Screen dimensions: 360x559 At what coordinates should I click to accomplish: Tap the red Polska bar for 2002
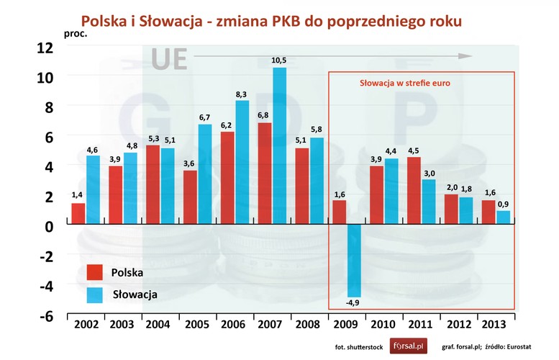[x=78, y=214]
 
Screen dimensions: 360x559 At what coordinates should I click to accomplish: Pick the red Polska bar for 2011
[x=414, y=191]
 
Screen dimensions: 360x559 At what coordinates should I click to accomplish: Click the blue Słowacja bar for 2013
[x=503, y=217]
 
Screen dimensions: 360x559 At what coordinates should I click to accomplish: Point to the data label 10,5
[x=279, y=60]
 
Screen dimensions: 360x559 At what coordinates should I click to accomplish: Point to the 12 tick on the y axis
[x=45, y=47]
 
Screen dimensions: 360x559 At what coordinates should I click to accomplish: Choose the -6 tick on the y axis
[x=45, y=316]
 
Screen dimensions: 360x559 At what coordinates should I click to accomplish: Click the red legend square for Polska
[x=94, y=272]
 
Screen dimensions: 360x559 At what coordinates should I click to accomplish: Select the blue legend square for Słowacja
[x=94, y=294]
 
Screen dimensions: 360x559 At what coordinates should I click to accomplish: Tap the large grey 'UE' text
[x=170, y=60]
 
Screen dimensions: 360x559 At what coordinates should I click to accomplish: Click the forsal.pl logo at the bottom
[x=409, y=346]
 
